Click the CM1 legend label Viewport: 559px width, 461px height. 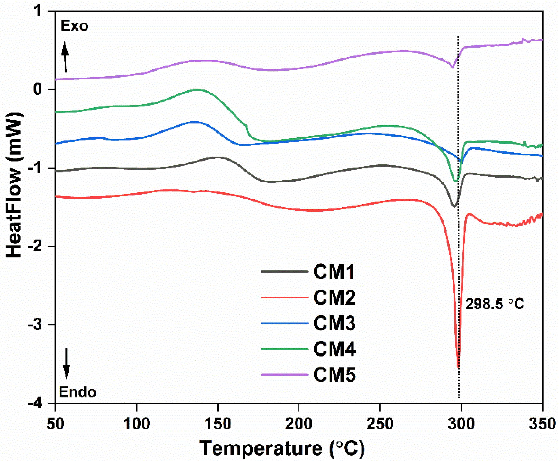pyautogui.click(x=334, y=272)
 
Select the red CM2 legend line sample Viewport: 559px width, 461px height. pyautogui.click(x=284, y=297)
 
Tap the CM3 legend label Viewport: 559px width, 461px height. pyautogui.click(x=334, y=323)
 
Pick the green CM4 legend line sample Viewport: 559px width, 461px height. pyautogui.click(x=284, y=349)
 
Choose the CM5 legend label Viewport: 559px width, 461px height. pyautogui.click(x=334, y=375)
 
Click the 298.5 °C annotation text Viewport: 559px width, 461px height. pyautogui.click(x=495, y=304)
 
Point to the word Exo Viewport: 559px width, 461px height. pyautogui.click(x=74, y=26)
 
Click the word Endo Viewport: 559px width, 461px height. pyautogui.click(x=78, y=392)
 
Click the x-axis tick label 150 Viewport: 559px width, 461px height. pyautogui.click(x=218, y=424)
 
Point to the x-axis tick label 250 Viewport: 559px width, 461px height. pyautogui.click(x=380, y=424)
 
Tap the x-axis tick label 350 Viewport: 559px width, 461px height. pyautogui.click(x=542, y=424)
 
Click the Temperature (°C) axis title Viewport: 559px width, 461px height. pyautogui.click(x=282, y=448)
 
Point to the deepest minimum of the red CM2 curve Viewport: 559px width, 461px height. pyautogui.click(x=458, y=366)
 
